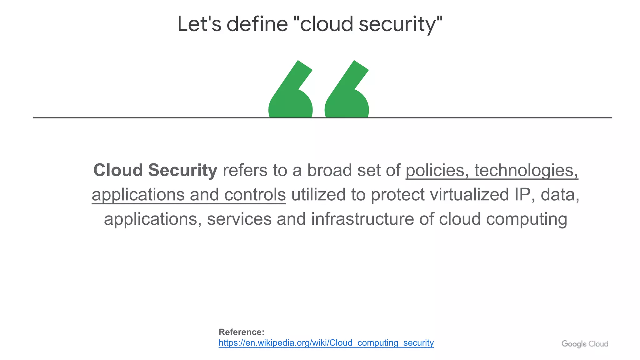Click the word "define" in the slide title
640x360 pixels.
point(257,24)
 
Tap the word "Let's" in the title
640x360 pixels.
point(199,24)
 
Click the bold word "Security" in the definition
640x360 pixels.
point(182,171)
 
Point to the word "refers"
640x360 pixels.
point(245,171)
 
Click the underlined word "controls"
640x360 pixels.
point(255,195)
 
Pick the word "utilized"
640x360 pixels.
point(318,195)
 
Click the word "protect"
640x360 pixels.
point(397,195)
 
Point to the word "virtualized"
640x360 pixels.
point(470,195)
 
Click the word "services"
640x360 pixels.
point(239,219)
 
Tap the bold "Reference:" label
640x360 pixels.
point(241,332)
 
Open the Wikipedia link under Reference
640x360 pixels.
point(326,343)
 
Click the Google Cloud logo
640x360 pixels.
point(585,344)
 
